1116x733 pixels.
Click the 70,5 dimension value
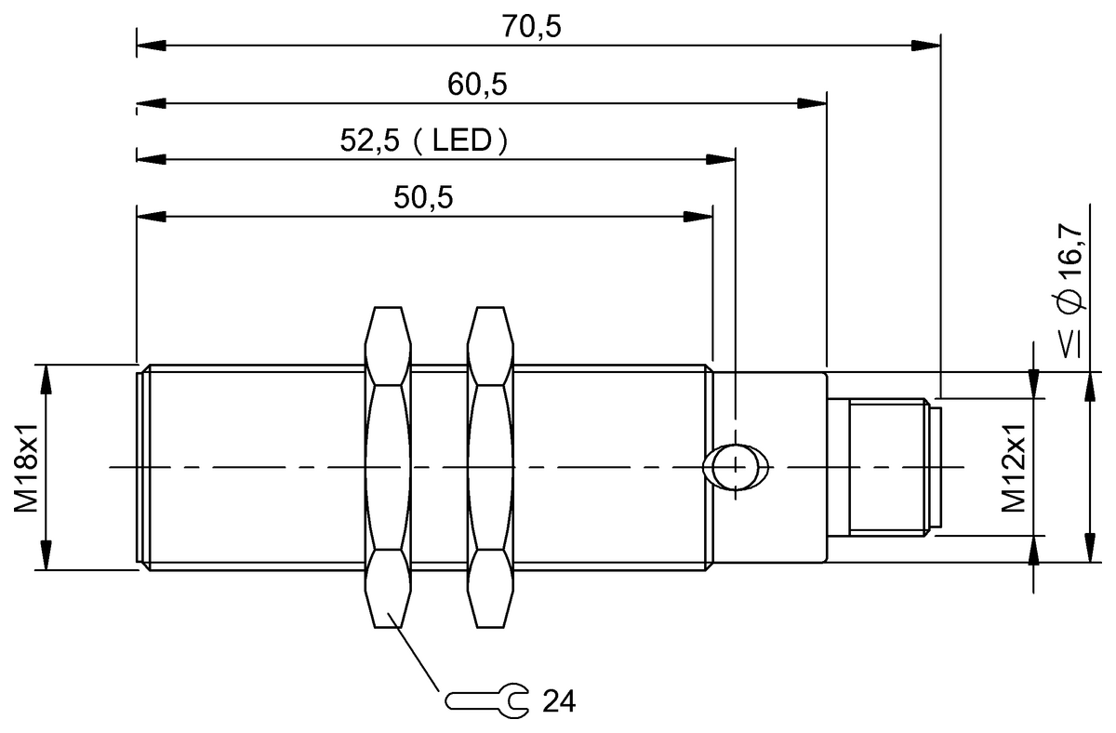[533, 28]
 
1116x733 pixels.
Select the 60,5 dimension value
[477, 85]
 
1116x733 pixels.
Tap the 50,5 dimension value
[423, 199]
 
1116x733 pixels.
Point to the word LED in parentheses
[462, 142]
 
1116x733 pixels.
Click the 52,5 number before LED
[370, 142]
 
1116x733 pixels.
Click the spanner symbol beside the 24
[487, 700]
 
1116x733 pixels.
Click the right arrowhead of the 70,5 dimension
[926, 44]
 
